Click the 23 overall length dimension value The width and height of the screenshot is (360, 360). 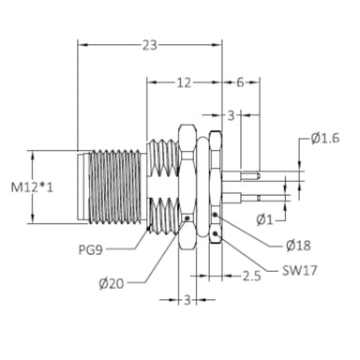coord(150,45)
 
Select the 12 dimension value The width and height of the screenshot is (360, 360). coord(184,82)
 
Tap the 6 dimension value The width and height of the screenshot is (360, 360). coord(240,82)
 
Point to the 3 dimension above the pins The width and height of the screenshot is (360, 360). coord(231,115)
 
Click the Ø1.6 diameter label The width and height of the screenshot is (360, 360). coord(325,138)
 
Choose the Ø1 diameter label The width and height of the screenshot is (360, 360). coord(264,220)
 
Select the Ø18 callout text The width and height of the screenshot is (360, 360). coord(298,246)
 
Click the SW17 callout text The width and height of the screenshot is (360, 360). coord(300,271)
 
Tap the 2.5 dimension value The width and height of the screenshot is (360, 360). coord(252,276)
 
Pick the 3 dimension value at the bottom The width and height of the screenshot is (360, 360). coord(187,300)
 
